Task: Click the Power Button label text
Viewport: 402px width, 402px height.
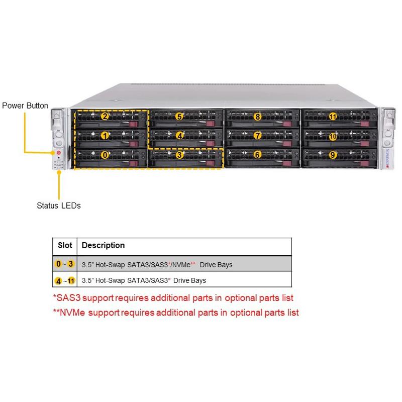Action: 25,106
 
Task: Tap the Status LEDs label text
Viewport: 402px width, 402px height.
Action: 58,206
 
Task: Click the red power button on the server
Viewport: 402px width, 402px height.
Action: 58,153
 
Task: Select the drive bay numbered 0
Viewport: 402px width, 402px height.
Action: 105,155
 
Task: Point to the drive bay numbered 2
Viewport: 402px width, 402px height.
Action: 105,117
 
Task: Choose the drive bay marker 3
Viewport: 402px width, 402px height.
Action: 180,155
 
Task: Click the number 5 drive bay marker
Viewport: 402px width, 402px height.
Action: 179,117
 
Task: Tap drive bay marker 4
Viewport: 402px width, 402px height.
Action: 179,135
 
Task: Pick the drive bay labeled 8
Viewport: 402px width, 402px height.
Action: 257,117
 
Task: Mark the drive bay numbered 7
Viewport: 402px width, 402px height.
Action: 257,136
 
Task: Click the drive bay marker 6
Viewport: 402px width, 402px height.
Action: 257,155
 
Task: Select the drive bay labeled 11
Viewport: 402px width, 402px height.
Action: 333,117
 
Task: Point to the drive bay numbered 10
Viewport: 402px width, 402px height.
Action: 333,136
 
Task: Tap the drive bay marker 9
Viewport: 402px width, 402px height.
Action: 333,155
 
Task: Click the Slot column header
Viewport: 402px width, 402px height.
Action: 65,246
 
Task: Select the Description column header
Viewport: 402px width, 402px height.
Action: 103,246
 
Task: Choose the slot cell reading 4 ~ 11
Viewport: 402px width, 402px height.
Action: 65,280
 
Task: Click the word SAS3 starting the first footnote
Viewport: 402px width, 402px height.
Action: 65,298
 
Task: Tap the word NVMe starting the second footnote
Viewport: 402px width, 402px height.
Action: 70,313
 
